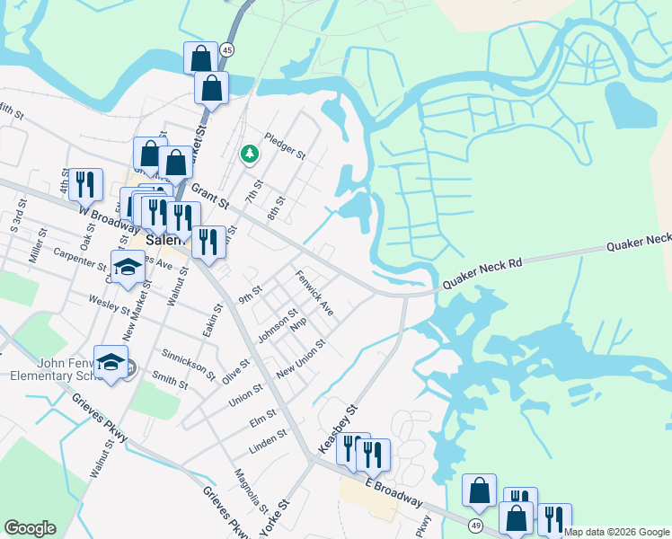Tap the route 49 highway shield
point(476,522)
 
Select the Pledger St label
point(285,146)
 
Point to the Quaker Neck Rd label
point(482,276)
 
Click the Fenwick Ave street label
point(314,296)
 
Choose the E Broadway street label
point(394,491)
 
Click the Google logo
point(30,528)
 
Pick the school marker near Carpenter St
point(128,266)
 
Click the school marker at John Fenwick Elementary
point(111,361)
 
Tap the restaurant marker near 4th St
point(85,184)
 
